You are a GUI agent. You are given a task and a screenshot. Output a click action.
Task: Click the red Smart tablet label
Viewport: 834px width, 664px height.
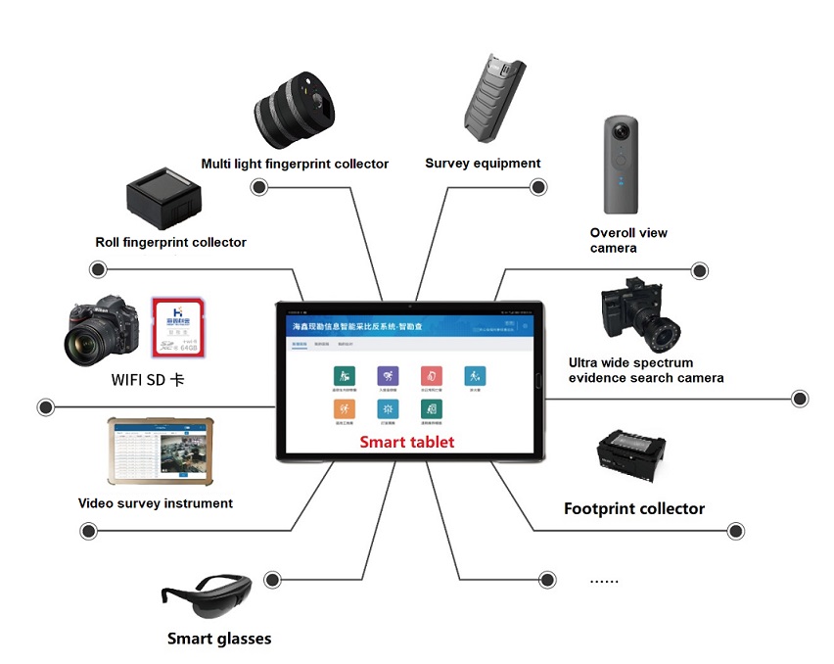[x=407, y=442]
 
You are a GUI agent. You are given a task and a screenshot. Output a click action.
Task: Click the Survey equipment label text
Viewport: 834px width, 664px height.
[x=483, y=164]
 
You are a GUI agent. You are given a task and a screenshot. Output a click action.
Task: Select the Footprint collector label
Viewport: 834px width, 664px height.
[x=634, y=508]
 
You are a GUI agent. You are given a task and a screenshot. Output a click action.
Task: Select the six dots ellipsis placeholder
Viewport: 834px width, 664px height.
[x=604, y=580]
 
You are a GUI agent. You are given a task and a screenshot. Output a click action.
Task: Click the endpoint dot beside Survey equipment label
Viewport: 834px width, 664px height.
[x=537, y=187]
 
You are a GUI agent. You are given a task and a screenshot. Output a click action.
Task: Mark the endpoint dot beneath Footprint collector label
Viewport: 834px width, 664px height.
[x=735, y=531]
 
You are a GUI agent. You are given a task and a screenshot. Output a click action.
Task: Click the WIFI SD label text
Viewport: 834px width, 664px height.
[x=147, y=379]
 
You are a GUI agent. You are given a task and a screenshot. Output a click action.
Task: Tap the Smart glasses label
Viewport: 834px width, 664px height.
[x=219, y=639]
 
